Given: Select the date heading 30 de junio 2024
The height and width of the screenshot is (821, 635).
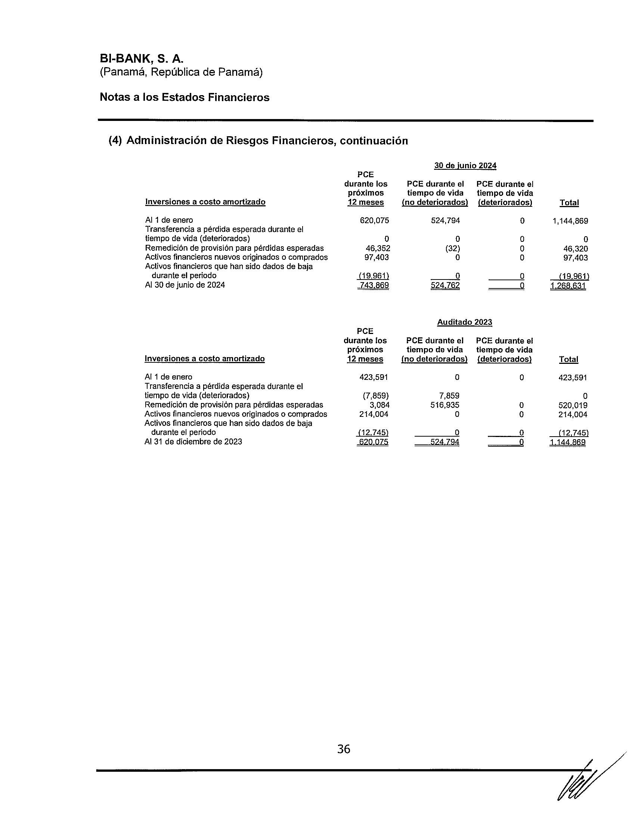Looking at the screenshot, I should coord(465,165).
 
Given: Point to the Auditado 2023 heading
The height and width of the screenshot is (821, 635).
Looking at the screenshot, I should coord(464,322).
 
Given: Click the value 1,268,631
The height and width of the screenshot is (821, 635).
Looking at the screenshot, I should coord(568,286).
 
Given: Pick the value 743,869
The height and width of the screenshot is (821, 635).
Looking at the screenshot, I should coord(374,286).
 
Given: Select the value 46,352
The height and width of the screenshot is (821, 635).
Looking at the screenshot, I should coord(378,249).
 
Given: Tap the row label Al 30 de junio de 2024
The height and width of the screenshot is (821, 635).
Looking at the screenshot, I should coord(185,285).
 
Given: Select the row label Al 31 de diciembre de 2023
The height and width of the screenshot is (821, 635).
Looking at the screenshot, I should coord(193,442).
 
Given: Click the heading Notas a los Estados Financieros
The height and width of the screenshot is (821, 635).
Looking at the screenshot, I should coord(184,97).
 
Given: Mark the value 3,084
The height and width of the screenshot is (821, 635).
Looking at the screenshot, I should coord(380,405).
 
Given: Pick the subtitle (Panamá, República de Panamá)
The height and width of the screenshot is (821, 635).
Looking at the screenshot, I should coord(181,72).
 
